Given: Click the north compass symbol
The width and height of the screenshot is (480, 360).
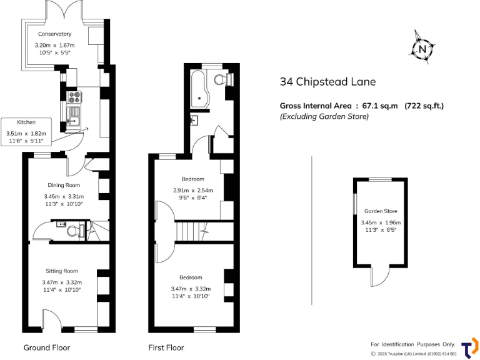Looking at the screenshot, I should click(423, 49).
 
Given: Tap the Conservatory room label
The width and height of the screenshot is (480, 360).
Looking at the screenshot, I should click(54, 34).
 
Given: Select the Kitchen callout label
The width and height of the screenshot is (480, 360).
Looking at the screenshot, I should click(26, 122).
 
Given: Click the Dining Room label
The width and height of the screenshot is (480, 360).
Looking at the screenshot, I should click(64, 185).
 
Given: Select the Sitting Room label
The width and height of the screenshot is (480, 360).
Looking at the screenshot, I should click(62, 271).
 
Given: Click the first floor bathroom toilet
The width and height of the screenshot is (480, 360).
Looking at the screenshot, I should click(221, 79).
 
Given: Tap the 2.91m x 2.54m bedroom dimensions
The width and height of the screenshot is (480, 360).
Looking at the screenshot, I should click(193, 191).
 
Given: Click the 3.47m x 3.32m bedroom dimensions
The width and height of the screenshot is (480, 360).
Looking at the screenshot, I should click(191, 288).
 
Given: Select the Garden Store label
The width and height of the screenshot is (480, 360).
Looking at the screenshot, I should click(381, 211).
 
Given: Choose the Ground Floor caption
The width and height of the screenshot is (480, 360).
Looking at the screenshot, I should click(47, 347).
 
